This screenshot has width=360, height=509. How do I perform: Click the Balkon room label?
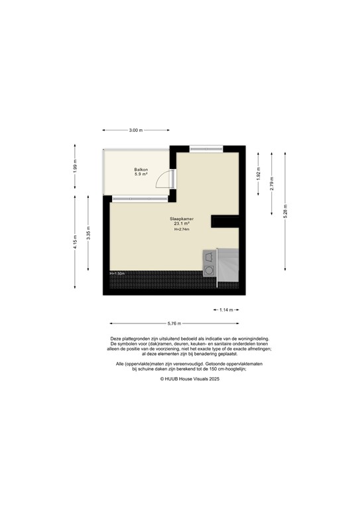(141, 170)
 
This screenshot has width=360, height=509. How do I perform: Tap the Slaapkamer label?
(182, 218)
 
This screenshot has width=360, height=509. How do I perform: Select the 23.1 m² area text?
(182, 224)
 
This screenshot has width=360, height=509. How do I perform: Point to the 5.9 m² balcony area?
(141, 175)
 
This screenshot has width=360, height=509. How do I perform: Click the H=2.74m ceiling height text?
(182, 230)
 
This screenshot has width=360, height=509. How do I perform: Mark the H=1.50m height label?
(117, 273)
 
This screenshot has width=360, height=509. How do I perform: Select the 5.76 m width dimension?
(174, 323)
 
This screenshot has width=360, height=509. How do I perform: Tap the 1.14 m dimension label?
(226, 310)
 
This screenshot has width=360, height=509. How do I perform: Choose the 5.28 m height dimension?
(285, 213)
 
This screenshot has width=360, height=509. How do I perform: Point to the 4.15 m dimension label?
(75, 215)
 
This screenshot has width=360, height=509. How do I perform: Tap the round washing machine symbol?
(210, 270)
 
